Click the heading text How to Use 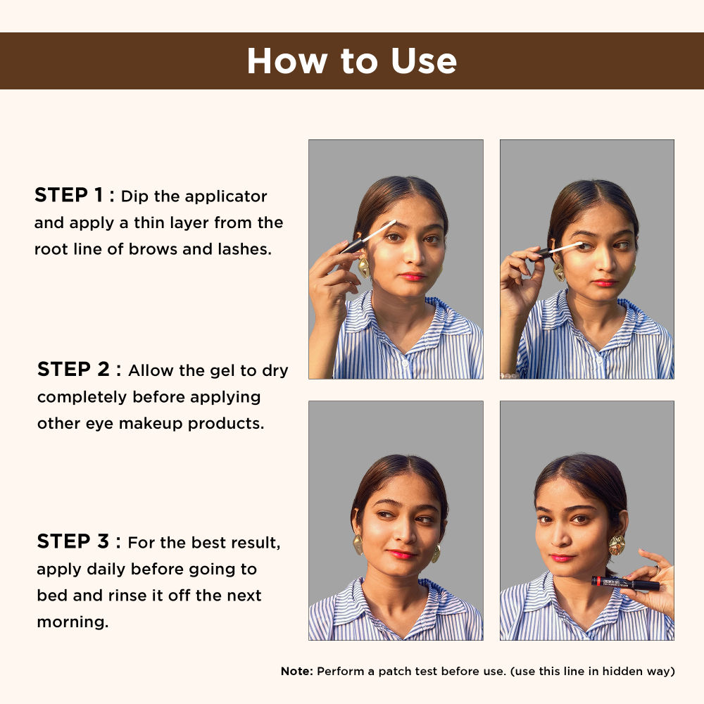351,61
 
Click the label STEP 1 74,196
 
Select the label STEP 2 79,370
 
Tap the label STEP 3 78,542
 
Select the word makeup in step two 162,425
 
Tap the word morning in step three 73,623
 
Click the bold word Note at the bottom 296,672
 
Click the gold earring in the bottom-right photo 617,545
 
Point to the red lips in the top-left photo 412,277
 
